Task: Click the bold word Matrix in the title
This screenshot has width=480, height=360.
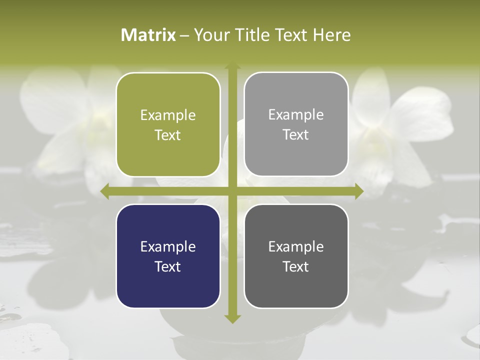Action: point(148,35)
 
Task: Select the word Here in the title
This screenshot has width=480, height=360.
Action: point(331,35)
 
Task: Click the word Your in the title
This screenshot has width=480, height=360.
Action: point(210,35)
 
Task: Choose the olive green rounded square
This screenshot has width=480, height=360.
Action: point(168,124)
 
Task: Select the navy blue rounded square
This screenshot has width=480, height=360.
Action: point(168,256)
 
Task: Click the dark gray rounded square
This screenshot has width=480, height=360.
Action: point(296,256)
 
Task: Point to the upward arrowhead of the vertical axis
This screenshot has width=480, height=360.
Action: point(232,67)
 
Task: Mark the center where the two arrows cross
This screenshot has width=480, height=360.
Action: point(232,191)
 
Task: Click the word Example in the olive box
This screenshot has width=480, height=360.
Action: point(168,115)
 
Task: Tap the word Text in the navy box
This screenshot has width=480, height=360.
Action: point(168,266)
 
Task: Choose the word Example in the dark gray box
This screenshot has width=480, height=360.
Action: point(296,246)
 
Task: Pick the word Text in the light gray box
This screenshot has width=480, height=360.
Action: point(296,134)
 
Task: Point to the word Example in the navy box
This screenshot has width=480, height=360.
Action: point(168,246)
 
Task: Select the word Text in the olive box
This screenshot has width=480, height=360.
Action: point(168,135)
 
